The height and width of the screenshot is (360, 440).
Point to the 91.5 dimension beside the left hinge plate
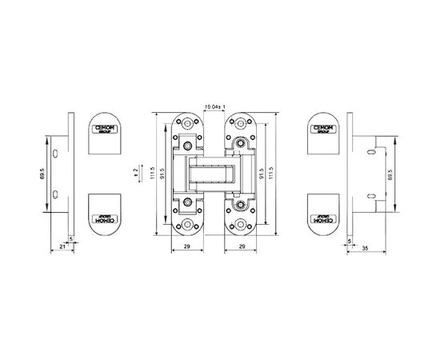pyautogui.click(x=163, y=172)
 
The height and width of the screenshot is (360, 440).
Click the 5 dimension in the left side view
pyautogui.click(x=71, y=239)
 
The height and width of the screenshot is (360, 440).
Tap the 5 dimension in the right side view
pyautogui.click(x=350, y=239)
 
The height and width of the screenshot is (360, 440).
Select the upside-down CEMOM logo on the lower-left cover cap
pyautogui.click(x=102, y=218)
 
